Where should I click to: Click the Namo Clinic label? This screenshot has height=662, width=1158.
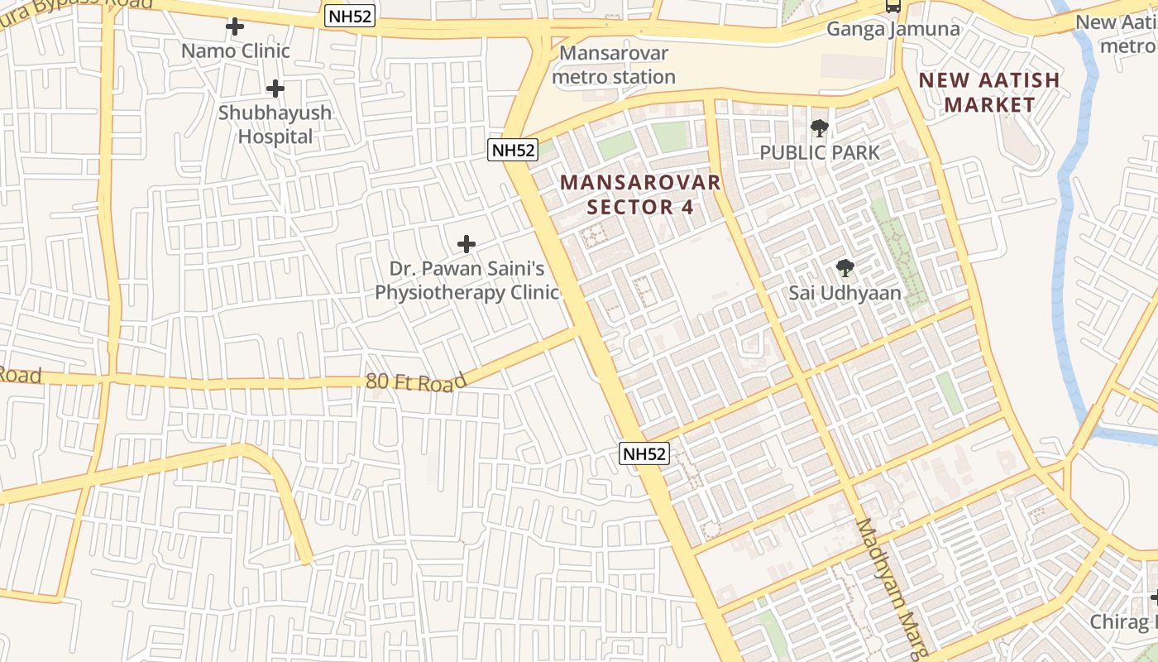tap(236, 51)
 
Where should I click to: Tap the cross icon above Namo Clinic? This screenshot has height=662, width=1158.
tap(235, 26)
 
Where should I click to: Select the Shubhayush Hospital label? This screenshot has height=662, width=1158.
tap(275, 124)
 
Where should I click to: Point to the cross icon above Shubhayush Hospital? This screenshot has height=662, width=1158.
tap(275, 89)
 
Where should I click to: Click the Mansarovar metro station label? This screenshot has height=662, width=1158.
tap(614, 65)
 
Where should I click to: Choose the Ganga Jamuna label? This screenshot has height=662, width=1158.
tap(893, 30)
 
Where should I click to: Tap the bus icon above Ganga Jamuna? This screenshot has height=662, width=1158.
tap(892, 6)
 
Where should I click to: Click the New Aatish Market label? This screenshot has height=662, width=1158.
tap(989, 92)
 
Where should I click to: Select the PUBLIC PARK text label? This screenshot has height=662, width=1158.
tap(820, 152)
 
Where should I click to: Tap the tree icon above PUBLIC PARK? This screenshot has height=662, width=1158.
tap(820, 128)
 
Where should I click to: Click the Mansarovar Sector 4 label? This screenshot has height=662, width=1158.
tap(640, 194)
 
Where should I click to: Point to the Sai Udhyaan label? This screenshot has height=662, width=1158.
tap(845, 293)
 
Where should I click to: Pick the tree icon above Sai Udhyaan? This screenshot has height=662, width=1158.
tap(845, 268)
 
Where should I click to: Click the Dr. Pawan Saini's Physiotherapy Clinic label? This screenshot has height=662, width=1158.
tap(467, 281)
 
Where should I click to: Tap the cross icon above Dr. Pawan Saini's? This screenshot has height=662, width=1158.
tap(467, 244)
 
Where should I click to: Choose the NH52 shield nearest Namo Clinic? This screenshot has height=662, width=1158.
tap(350, 17)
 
